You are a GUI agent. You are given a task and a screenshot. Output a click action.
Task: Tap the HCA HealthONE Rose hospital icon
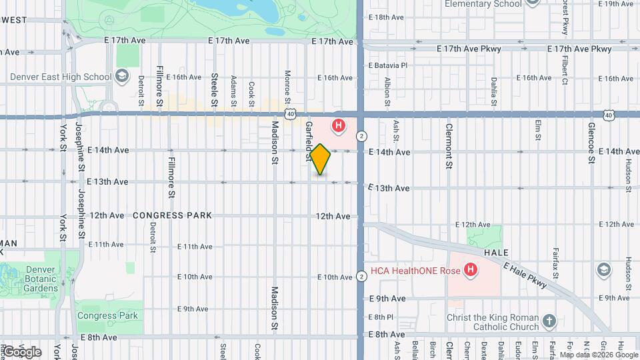471,270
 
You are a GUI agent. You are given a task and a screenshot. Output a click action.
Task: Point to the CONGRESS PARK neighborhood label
172,215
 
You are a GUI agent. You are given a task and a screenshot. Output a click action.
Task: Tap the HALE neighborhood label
497,253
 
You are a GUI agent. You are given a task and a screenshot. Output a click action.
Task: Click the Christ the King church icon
549,321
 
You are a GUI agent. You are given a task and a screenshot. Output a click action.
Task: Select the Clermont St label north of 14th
449,145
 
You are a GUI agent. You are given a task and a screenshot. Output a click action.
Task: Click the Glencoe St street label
591,142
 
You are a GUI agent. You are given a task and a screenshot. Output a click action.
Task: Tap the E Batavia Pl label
387,65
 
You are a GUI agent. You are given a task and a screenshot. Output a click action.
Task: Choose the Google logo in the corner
22,351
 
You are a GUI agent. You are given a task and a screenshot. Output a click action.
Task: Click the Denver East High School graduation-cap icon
122,77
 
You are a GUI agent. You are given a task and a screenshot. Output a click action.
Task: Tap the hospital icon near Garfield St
339,125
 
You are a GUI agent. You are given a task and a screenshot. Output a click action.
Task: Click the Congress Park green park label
107,315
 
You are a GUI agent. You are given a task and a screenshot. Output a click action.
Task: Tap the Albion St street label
387,92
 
